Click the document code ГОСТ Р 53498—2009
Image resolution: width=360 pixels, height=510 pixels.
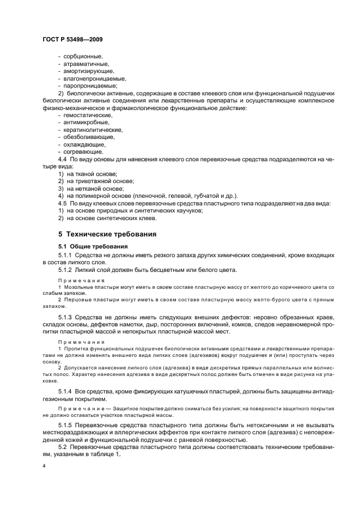[72, 39]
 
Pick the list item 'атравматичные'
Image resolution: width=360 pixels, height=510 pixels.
[87, 64]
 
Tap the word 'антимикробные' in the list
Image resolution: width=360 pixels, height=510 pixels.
[87, 123]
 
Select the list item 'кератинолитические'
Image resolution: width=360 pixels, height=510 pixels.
[93, 130]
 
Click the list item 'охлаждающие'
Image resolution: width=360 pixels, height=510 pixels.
[84, 145]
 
